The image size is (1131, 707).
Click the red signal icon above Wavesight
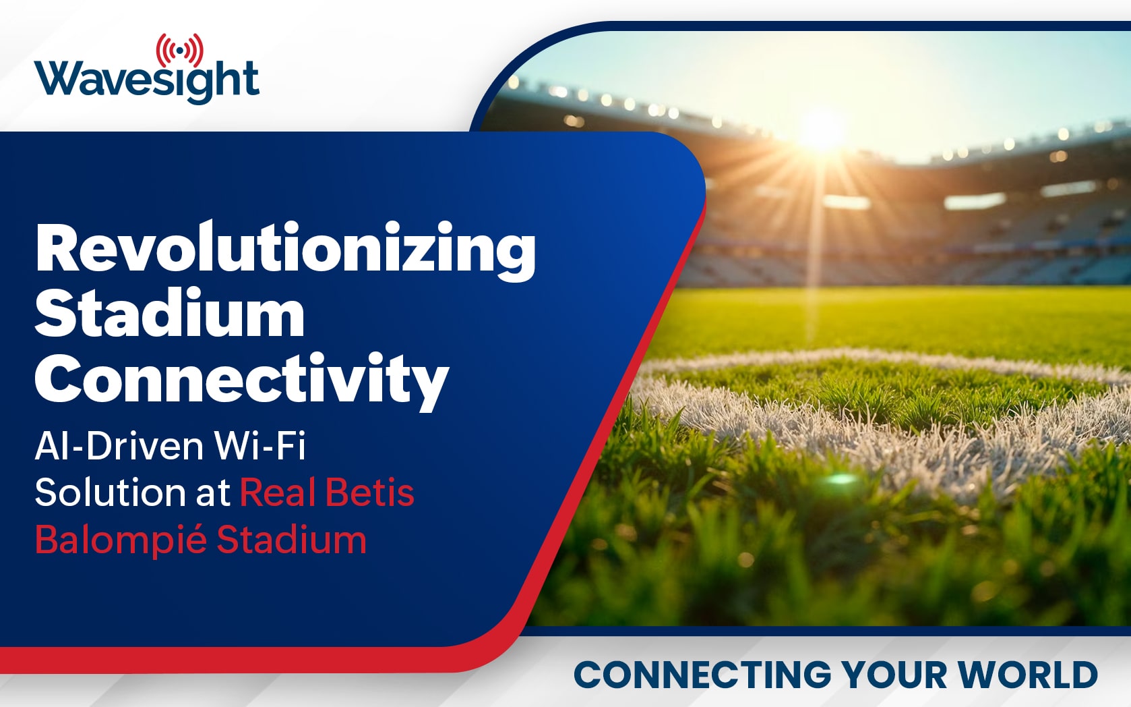tap(180, 50)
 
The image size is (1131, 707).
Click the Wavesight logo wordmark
tap(147, 81)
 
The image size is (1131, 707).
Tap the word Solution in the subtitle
tap(110, 492)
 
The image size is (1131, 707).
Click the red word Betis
tap(370, 492)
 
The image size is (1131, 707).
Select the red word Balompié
tap(121, 539)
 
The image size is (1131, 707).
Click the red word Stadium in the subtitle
tap(291, 539)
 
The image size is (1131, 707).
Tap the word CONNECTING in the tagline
tap(702, 674)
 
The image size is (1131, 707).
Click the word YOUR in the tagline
tap(893, 674)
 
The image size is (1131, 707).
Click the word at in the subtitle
tap(213, 493)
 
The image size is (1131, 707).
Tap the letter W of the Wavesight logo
tap(57, 79)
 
